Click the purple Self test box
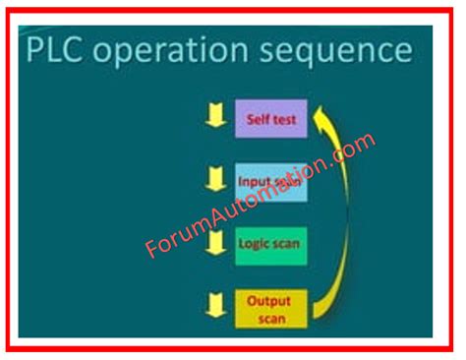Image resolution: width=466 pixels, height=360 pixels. click(270, 118)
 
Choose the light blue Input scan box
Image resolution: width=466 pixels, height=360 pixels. click(270, 182)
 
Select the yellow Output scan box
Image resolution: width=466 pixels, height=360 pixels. click(270, 307)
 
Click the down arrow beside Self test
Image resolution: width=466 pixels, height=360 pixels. click(213, 117)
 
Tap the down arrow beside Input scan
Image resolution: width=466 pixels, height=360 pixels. click(213, 179)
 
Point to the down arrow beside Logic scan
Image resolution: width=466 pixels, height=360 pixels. click(213, 241)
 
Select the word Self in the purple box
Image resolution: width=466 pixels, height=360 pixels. click(258, 119)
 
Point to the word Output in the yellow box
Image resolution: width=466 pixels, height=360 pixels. click(269, 300)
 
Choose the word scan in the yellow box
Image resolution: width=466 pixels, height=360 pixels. click(269, 316)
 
